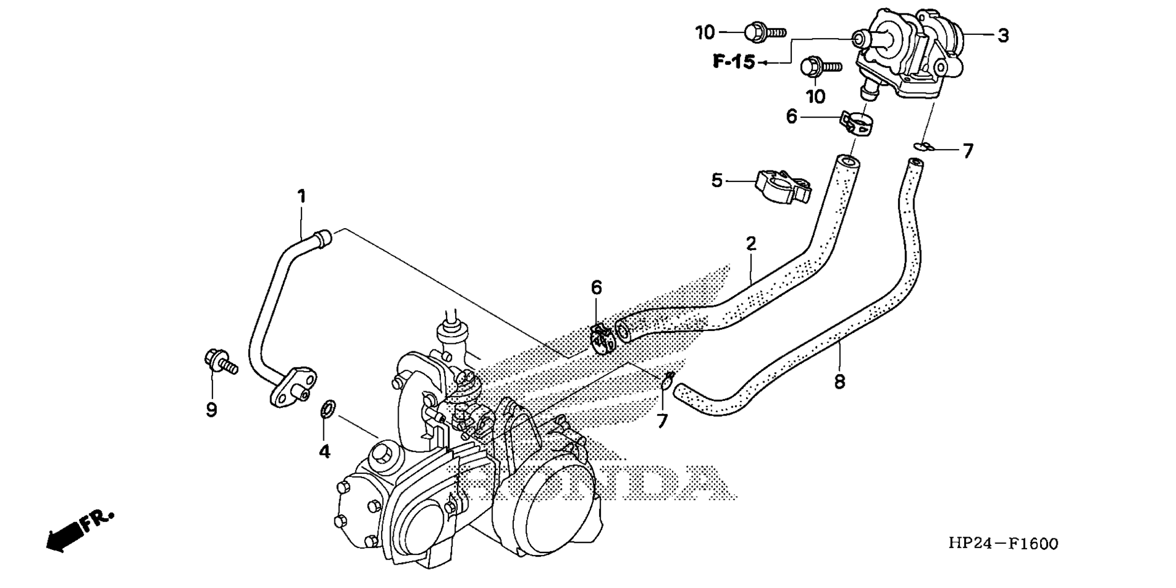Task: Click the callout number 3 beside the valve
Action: coord(1002,36)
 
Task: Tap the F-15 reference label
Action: coord(734,62)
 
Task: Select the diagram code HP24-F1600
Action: coord(1003,543)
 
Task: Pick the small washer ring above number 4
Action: coord(328,408)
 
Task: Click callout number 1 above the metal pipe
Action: coord(301,196)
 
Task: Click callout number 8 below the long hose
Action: coord(839,381)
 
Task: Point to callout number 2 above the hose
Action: coord(751,243)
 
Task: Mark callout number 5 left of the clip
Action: coord(717,181)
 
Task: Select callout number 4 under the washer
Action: coord(324,451)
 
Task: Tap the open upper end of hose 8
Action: coord(915,164)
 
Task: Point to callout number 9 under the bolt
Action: coord(211,410)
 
